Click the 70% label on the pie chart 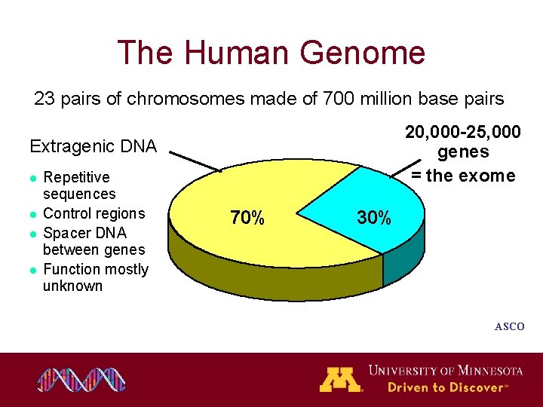(x=247, y=219)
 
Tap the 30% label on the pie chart (x=374, y=218)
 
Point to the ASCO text (x=509, y=326)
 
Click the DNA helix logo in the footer (x=83, y=380)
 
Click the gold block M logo (x=341, y=379)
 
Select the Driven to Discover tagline (x=445, y=387)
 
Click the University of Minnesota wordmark (x=445, y=370)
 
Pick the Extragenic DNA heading (x=93, y=146)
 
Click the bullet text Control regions (x=94, y=213)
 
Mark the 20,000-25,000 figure (x=462, y=133)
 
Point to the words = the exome (x=463, y=176)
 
